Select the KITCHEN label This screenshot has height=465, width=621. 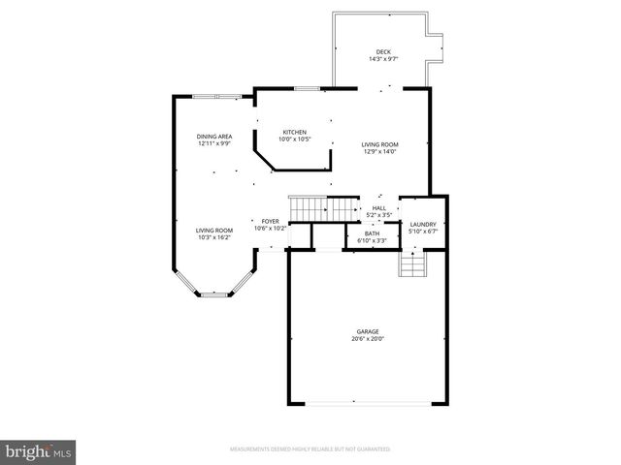point(295,132)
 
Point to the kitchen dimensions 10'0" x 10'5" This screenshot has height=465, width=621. point(295,139)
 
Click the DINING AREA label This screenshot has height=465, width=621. point(214,137)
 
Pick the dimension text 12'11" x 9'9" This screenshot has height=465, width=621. point(214,144)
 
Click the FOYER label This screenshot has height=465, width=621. point(270,221)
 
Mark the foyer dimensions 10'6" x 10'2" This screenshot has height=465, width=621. point(270,229)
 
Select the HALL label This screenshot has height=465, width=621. point(378,207)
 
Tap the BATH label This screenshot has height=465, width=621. point(373,233)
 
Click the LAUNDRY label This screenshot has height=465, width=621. point(424,224)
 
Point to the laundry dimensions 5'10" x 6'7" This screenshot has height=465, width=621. point(424,232)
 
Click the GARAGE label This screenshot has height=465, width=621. point(367,331)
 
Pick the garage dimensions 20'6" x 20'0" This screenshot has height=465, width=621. point(367,339)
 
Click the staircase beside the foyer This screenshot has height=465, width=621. point(325,207)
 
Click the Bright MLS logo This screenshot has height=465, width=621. point(39,451)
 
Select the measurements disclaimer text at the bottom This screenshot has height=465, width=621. point(310,449)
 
